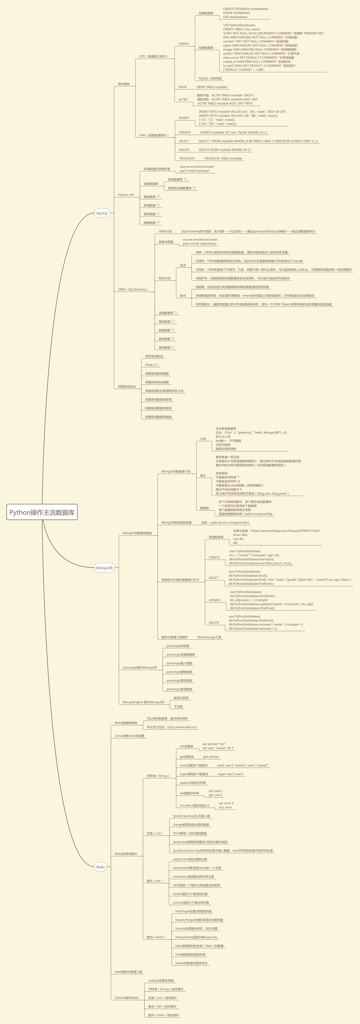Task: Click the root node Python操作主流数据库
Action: (x=42, y=512)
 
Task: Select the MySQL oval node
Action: (x=102, y=213)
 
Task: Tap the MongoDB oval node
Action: (x=104, y=568)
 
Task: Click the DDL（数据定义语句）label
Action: (x=154, y=56)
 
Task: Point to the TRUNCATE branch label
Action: (x=187, y=158)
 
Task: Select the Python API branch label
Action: (x=126, y=195)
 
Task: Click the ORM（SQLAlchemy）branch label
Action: (x=133, y=289)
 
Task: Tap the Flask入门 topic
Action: (x=152, y=365)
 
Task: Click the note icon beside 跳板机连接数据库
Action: (x=194, y=188)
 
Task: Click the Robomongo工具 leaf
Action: (x=209, y=637)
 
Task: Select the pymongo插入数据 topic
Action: (x=179, y=663)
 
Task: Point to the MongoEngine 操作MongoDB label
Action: (x=143, y=702)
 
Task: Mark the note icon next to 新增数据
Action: (x=158, y=205)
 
